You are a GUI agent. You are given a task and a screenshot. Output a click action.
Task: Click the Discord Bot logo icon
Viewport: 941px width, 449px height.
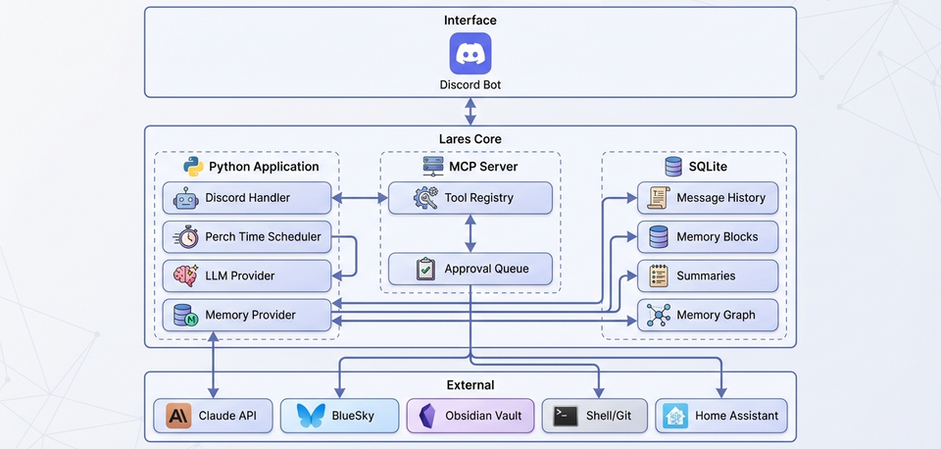tap(470, 53)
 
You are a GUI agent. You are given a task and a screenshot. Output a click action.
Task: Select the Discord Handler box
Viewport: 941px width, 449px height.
tap(247, 198)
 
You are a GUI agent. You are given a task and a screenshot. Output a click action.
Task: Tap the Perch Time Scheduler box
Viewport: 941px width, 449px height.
tap(247, 237)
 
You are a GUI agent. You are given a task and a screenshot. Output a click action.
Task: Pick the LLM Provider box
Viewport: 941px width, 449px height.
tap(247, 275)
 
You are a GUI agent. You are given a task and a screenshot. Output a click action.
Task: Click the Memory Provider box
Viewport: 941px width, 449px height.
tap(247, 316)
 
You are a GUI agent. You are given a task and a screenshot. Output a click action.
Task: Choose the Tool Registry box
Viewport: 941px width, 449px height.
tap(470, 198)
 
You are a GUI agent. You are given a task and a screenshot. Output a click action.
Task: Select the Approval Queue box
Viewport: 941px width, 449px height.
tap(470, 269)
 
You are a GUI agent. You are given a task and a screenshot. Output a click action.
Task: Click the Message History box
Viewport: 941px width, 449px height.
tap(709, 198)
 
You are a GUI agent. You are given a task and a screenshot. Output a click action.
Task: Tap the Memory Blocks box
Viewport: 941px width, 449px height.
tap(709, 237)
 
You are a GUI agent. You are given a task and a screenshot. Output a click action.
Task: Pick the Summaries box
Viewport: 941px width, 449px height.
tap(709, 275)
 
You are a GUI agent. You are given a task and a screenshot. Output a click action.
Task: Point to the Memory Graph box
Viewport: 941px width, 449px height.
tap(709, 316)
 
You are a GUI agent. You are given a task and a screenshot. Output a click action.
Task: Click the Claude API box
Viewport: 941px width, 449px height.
tap(213, 416)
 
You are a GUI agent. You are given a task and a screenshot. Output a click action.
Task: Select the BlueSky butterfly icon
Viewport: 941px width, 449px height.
tap(310, 416)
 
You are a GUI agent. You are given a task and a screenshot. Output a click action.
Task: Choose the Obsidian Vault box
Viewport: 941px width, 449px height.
tap(470, 416)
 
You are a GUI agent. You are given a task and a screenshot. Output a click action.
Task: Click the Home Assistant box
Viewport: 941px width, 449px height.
tap(720, 416)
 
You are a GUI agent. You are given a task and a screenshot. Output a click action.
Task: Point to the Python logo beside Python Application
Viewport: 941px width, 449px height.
tap(194, 167)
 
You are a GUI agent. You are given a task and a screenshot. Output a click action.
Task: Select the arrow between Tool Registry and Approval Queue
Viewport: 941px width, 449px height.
tap(470, 233)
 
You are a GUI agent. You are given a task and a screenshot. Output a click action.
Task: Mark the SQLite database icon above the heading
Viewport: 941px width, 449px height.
tap(673, 167)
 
